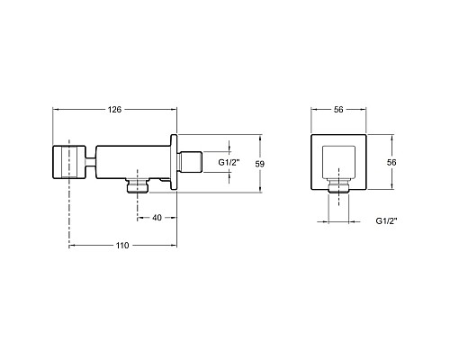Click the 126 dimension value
click(114, 110)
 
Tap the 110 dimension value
click(122, 246)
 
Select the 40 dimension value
click(157, 218)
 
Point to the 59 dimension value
click(260, 164)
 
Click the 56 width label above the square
click(338, 110)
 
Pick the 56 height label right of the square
click(391, 162)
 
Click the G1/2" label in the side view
click(229, 163)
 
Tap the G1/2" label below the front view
click(386, 221)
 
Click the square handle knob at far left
click(69, 162)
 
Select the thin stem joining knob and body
click(91, 162)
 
